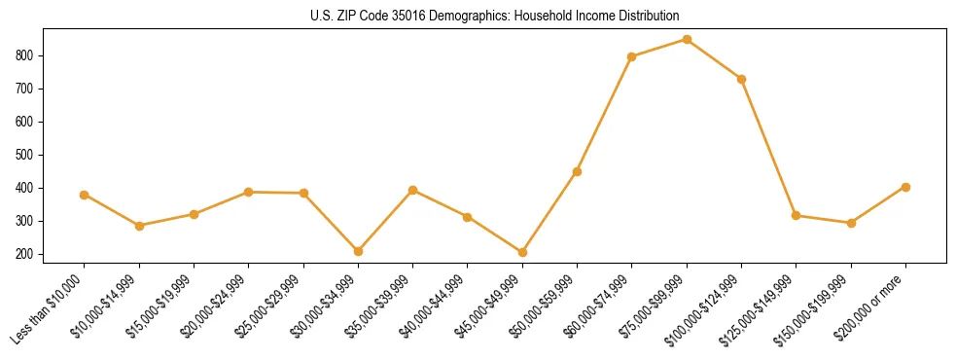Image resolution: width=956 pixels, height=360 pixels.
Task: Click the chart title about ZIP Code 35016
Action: pyautogui.click(x=494, y=17)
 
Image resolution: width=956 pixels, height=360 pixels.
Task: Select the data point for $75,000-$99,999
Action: pyautogui.click(x=687, y=40)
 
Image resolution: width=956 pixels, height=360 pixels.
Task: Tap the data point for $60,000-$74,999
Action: pyautogui.click(x=632, y=57)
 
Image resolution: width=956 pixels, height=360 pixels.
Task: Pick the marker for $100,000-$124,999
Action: pyautogui.click(x=742, y=79)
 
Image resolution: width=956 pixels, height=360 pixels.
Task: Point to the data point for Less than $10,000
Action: pyautogui.click(x=85, y=195)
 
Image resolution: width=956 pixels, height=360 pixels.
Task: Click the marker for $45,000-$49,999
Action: pyautogui.click(x=522, y=252)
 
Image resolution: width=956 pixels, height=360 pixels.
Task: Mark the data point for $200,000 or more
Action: pyautogui.click(x=905, y=187)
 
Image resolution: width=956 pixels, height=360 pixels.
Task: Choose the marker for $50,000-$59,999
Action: pyautogui.click(x=578, y=172)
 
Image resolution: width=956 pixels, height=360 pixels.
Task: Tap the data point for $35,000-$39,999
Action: pyautogui.click(x=413, y=190)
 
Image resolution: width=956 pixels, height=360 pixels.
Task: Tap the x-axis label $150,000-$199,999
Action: pyautogui.click(x=817, y=308)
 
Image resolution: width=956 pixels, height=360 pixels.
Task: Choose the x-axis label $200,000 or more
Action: pyautogui.click(x=874, y=306)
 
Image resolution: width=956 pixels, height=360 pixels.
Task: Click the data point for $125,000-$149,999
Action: pyautogui.click(x=797, y=216)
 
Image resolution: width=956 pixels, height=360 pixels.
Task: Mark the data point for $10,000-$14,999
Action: pyautogui.click(x=139, y=226)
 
